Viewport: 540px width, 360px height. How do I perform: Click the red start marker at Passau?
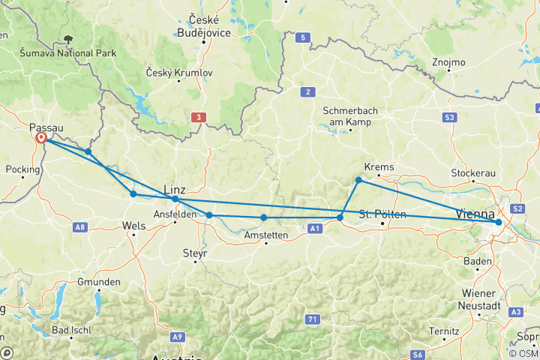tap(41, 138)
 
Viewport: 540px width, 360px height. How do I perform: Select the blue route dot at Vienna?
tap(499, 222)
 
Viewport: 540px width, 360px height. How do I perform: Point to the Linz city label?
tap(174, 190)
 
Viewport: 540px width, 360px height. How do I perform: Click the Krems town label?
tap(379, 167)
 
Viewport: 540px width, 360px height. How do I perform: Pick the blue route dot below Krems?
tap(358, 180)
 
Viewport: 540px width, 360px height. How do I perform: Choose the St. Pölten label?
tap(383, 214)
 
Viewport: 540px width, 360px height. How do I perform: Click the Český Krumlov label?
tap(181, 73)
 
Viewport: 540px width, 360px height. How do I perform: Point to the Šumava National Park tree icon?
tap(68, 39)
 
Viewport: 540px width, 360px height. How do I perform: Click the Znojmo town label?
tap(449, 62)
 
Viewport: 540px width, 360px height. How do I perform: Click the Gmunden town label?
tap(98, 282)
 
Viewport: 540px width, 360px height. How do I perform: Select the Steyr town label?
tap(194, 253)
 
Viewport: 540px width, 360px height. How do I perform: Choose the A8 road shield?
tap(80, 226)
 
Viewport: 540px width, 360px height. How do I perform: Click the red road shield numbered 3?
tap(198, 117)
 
